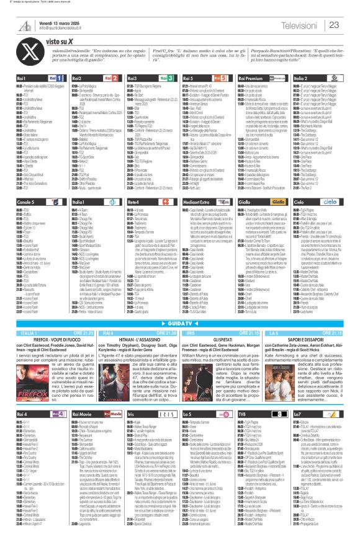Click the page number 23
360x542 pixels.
click(333, 25)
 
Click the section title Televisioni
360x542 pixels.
click(299, 25)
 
